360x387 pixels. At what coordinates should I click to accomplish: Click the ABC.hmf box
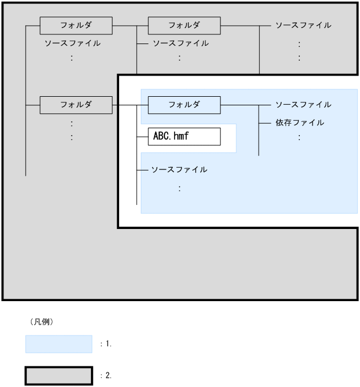click(x=184, y=137)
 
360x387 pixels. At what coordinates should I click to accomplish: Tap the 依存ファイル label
click(x=299, y=123)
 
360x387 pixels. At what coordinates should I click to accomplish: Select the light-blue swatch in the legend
click(x=58, y=344)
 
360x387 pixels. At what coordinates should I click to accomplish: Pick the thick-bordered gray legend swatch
click(x=58, y=376)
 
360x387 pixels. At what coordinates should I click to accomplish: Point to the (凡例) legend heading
click(x=41, y=322)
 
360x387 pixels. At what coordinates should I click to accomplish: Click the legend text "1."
click(x=108, y=344)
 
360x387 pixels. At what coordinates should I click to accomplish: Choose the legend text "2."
click(x=108, y=376)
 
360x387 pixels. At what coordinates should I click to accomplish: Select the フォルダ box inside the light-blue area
click(x=184, y=105)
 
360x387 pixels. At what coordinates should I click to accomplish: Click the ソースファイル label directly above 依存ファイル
click(x=303, y=105)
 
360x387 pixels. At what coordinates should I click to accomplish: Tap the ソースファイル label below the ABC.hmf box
click(x=179, y=170)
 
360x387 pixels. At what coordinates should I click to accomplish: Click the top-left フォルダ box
click(x=76, y=25)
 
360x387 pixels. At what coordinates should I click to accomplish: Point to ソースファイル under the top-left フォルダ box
click(x=72, y=43)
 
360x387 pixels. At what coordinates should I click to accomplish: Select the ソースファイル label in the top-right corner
click(x=303, y=25)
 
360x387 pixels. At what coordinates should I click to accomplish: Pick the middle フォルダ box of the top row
click(x=184, y=25)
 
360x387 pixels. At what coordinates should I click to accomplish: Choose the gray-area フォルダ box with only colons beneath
click(x=76, y=105)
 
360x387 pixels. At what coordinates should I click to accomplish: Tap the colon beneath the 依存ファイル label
click(x=299, y=137)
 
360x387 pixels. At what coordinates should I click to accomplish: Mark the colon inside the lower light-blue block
click(x=180, y=188)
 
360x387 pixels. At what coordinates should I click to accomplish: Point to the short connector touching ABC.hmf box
click(x=142, y=137)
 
